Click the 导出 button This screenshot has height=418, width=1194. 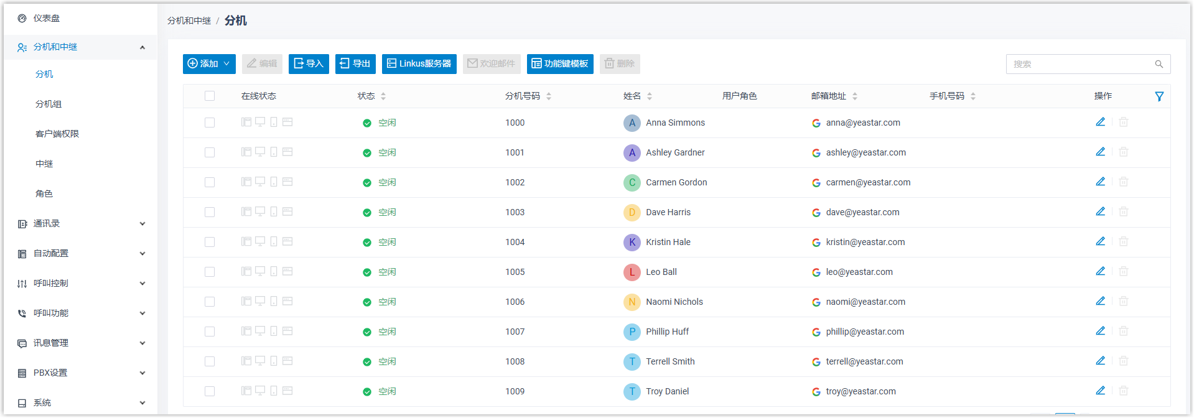[355, 63]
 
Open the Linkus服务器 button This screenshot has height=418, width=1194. [419, 63]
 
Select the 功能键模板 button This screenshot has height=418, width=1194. [559, 63]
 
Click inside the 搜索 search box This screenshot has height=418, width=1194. [1081, 64]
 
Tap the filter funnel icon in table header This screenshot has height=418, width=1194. [1159, 96]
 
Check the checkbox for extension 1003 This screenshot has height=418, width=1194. [210, 212]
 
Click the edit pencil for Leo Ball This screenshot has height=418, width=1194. [1100, 271]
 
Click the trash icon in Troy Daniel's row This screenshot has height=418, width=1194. [1123, 391]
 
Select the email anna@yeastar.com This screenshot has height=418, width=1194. [862, 123]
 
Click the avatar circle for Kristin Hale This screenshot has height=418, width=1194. [632, 242]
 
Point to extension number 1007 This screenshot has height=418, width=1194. [515, 332]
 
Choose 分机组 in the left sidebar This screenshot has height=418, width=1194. [49, 104]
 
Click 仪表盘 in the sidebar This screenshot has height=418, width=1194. [47, 18]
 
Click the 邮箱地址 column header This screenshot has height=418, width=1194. [829, 96]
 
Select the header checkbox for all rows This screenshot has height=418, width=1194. [210, 96]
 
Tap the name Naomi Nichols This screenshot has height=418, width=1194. [674, 302]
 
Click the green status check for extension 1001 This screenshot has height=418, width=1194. [366, 153]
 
